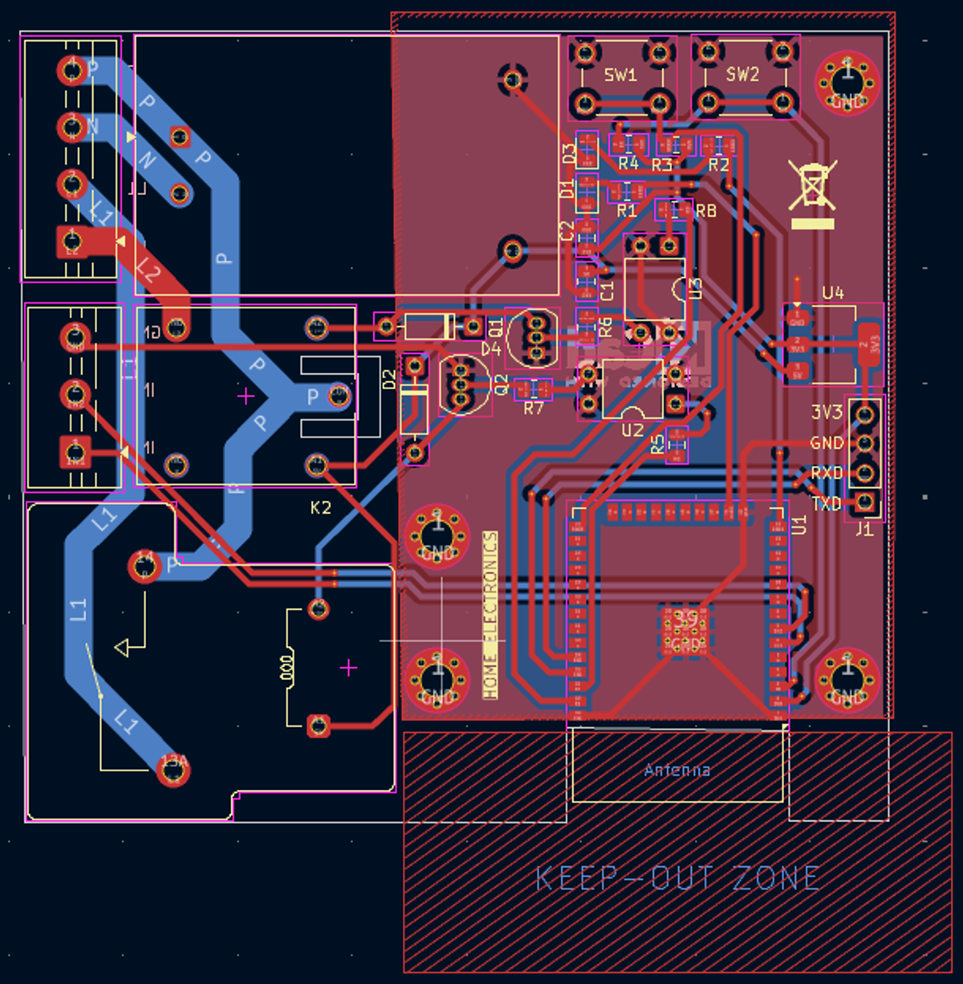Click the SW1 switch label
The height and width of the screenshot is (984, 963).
click(x=620, y=75)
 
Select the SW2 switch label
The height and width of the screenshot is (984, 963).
click(x=742, y=75)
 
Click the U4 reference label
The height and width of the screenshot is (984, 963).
click(x=833, y=293)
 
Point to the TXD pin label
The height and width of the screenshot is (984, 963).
click(x=827, y=504)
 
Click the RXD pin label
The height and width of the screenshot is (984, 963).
click(x=827, y=473)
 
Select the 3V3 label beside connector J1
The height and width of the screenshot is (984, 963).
click(x=827, y=413)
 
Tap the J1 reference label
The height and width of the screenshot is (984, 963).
click(x=863, y=529)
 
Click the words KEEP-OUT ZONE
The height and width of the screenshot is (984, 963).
click(x=677, y=878)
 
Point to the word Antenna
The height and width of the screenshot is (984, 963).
click(x=677, y=771)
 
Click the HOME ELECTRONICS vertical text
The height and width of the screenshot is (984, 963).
click(x=490, y=614)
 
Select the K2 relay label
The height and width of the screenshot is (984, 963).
click(x=320, y=507)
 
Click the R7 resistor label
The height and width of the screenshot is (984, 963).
click(x=534, y=409)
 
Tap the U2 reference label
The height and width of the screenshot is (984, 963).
click(x=632, y=430)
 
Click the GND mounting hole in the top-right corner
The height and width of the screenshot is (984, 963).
click(x=847, y=83)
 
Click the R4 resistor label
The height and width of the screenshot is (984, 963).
click(x=628, y=164)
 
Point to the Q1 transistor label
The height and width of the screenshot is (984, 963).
click(x=496, y=327)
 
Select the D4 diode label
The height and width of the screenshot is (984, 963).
click(x=491, y=349)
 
